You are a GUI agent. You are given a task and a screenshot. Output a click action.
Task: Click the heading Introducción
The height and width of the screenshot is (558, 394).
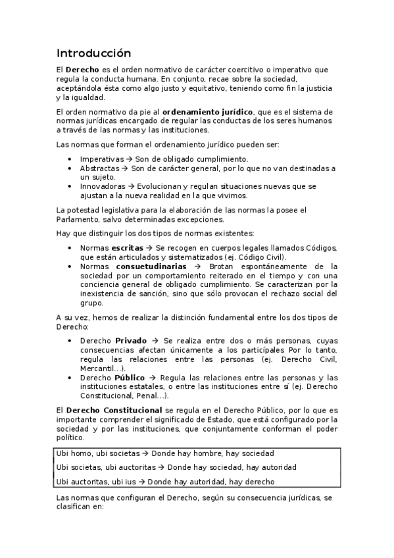tap(93, 53)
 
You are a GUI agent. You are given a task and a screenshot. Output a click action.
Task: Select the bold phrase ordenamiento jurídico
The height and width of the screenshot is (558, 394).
tap(208, 112)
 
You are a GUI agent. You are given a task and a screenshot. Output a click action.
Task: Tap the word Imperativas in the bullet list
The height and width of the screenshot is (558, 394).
tap(102, 159)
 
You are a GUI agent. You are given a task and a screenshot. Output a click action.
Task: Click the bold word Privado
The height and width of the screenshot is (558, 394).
tap(131, 341)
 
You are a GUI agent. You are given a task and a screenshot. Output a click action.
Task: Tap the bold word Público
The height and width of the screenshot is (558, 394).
tap(130, 378)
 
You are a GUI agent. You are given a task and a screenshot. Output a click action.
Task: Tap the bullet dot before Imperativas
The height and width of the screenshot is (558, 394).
tap(70, 159)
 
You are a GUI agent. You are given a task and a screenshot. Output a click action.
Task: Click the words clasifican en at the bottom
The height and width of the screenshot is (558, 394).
tap(81, 509)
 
